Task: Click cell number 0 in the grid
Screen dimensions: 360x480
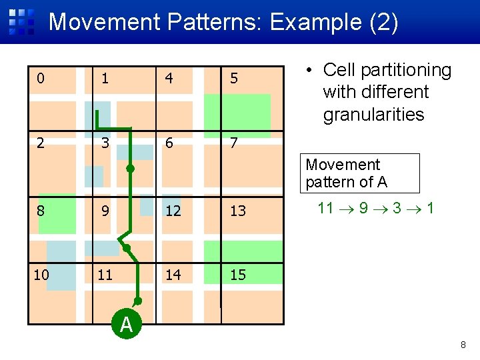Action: click(41, 79)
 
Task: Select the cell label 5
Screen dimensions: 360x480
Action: click(234, 79)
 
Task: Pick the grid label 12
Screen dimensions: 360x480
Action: click(173, 211)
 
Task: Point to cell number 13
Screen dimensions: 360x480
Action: click(238, 211)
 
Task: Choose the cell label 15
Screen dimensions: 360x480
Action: click(238, 274)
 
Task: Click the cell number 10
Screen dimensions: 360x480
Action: click(41, 274)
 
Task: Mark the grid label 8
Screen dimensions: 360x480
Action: click(41, 211)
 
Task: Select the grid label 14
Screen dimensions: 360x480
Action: click(173, 274)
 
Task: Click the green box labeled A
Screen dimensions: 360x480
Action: click(126, 325)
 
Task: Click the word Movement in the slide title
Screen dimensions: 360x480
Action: click(104, 22)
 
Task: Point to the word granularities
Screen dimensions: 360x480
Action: click(373, 115)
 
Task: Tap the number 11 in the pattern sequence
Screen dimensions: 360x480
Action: click(325, 208)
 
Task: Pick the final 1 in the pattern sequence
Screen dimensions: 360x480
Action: click(431, 208)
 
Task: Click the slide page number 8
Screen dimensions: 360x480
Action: click(463, 345)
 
